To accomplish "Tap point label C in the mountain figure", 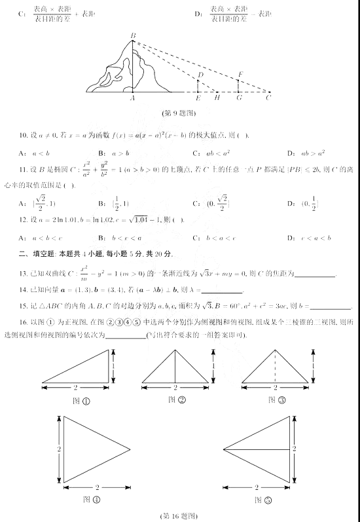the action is (268, 98).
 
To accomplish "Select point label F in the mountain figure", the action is (241, 74).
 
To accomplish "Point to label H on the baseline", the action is (217, 98).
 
